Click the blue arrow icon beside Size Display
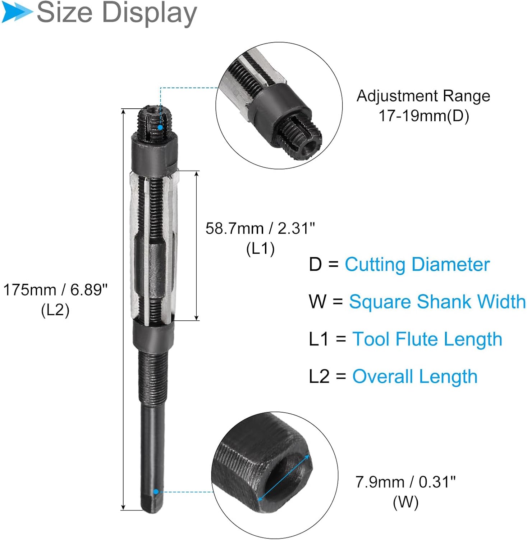coord(16,12)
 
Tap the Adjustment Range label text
coord(423,96)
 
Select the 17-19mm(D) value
coord(423,116)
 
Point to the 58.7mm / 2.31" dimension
coord(260,228)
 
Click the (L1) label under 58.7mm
coord(260,249)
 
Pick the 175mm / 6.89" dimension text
coord(55,290)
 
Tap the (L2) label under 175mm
coord(55,310)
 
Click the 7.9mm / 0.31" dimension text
coord(405,482)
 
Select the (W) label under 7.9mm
coord(405,502)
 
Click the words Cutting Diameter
coord(417,265)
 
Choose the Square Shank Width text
coord(437,302)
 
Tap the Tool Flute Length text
coord(427,339)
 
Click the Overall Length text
coord(415,377)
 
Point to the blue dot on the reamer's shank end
coord(156,491)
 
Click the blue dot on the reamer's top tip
coord(160,127)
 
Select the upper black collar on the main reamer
coord(154,154)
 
